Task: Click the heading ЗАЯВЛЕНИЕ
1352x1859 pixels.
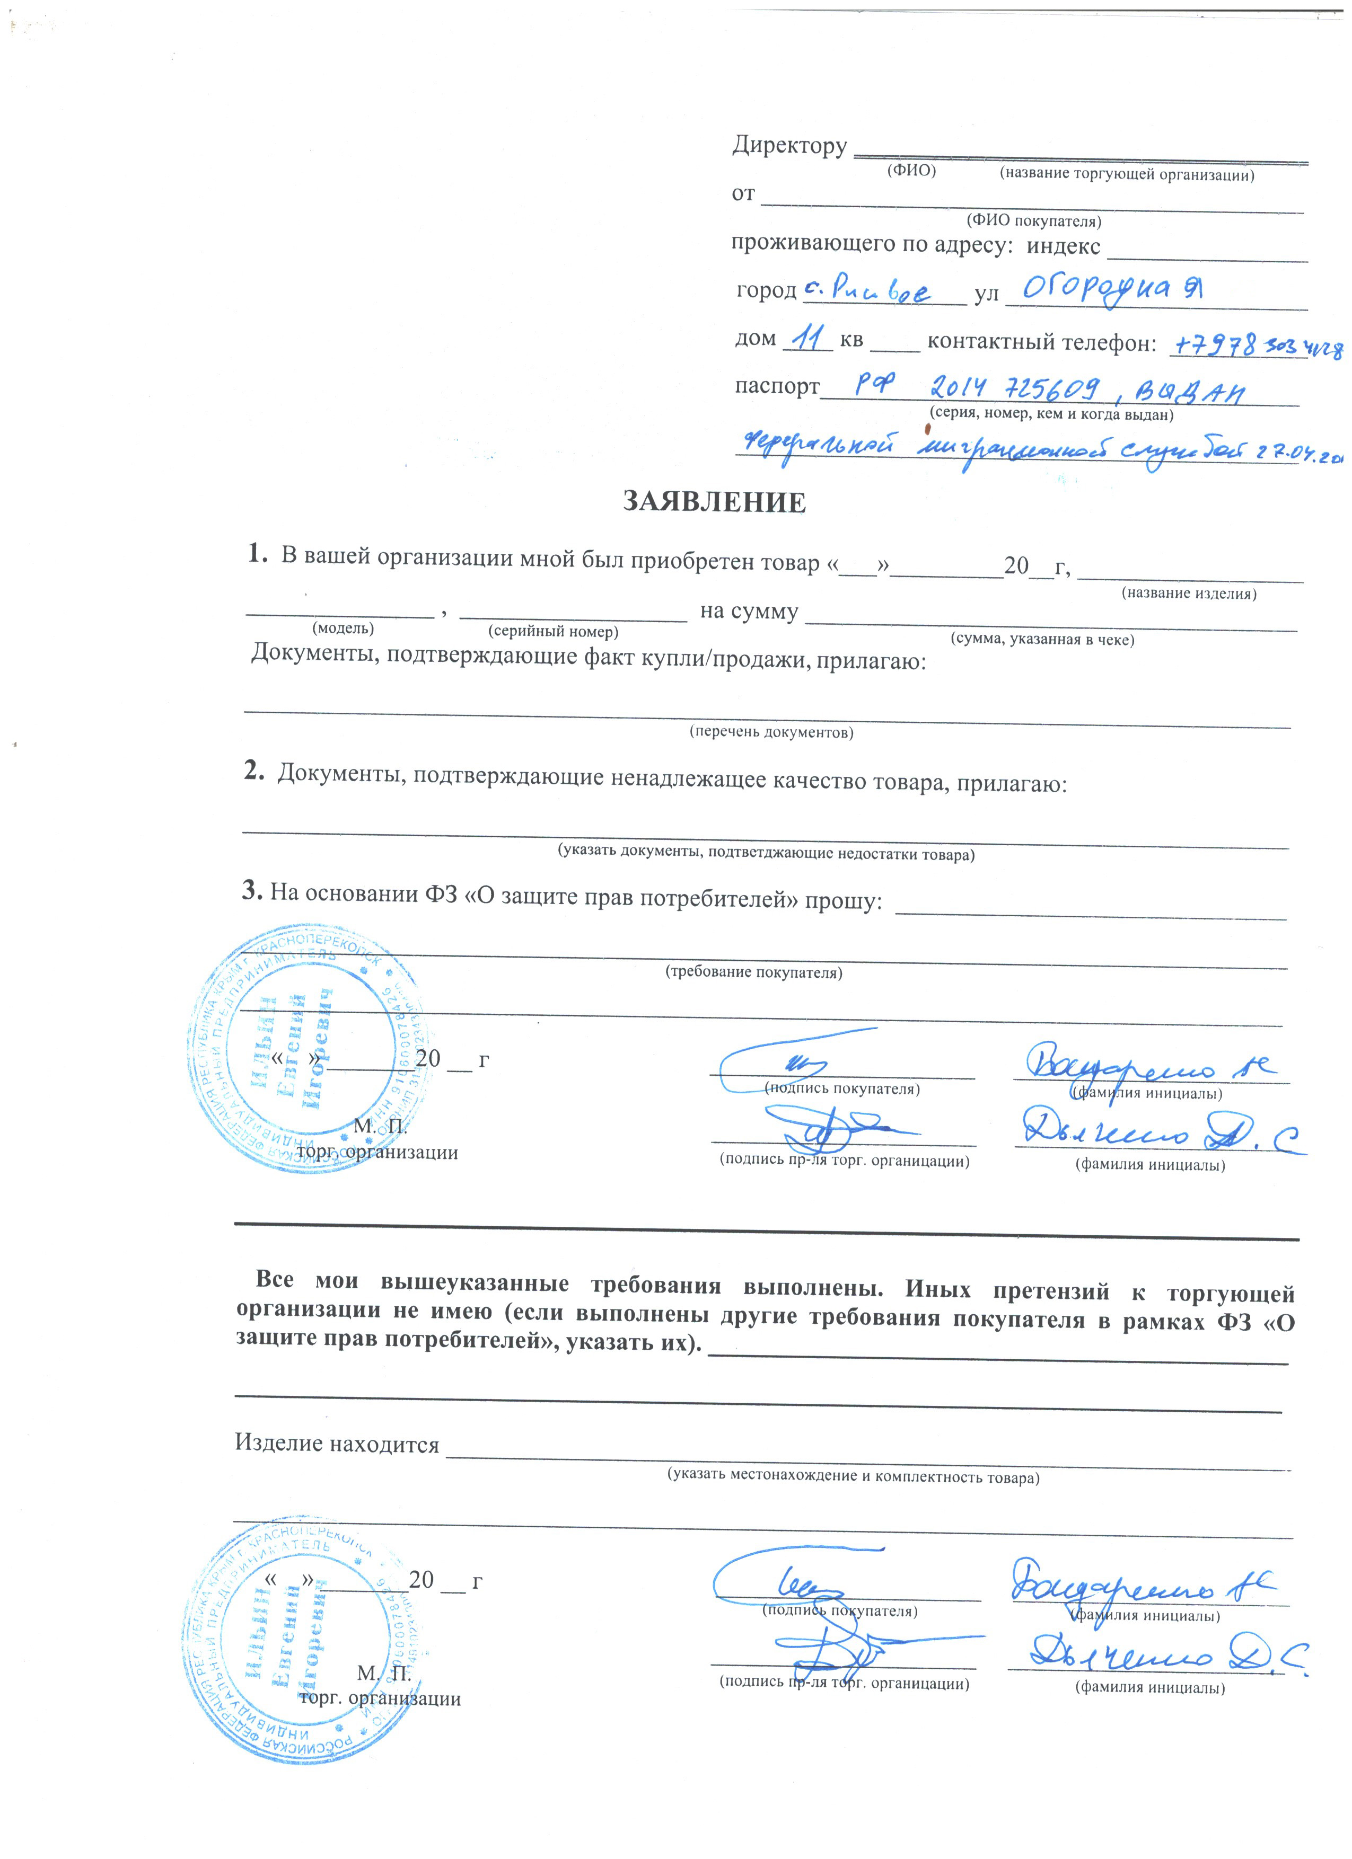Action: (714, 502)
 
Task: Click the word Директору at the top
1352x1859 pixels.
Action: (789, 146)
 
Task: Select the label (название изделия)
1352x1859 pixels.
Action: (1188, 594)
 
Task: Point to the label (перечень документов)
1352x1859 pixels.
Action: (771, 732)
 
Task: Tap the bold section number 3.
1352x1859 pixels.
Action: (251, 891)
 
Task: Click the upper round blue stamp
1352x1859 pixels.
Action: (303, 1049)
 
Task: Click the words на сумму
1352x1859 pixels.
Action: (749, 612)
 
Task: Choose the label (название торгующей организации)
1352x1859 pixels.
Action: (1126, 174)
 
